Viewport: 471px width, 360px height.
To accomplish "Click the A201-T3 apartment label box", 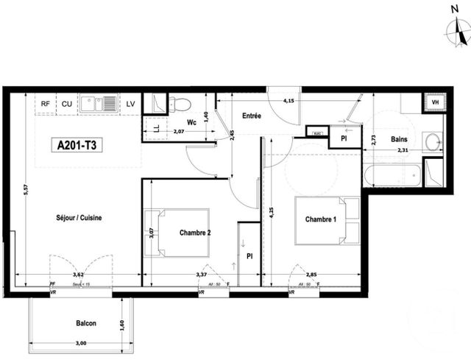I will (77, 145).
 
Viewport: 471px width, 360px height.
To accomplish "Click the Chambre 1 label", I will (322, 219).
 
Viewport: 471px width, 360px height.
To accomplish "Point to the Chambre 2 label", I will (196, 233).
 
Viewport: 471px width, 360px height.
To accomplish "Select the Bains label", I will (400, 139).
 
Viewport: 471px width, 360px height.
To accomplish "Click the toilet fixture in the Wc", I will (179, 104).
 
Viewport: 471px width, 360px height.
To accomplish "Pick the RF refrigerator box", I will (46, 104).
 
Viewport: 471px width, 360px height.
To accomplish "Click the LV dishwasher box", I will (130, 104).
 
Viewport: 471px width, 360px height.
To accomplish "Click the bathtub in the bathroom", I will (393, 175).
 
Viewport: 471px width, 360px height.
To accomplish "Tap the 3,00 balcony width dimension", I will (80, 344).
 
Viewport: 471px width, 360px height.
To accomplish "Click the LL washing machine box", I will (155, 128).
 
